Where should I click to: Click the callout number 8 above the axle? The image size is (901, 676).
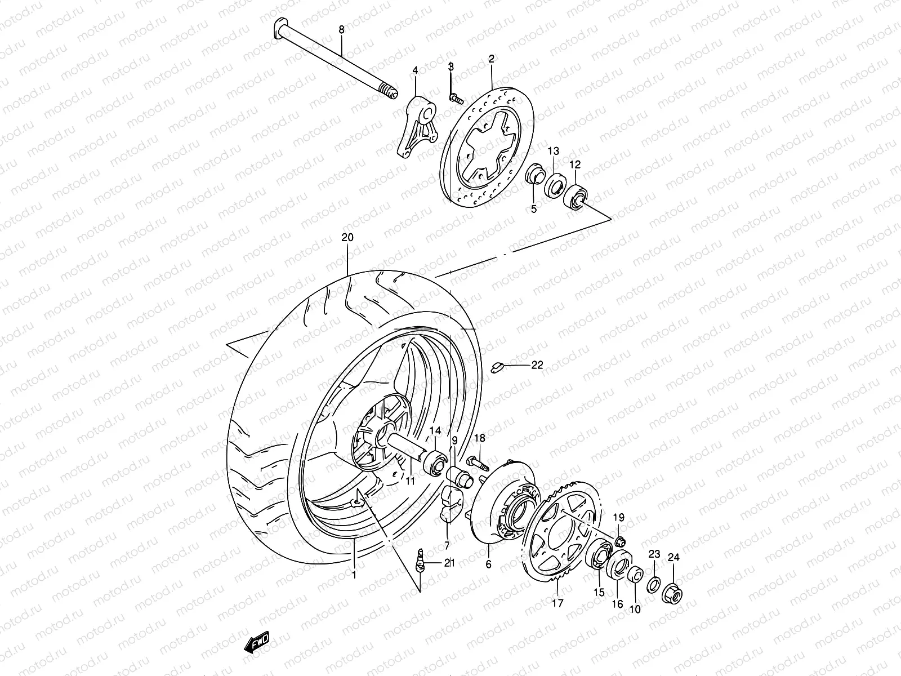(341, 29)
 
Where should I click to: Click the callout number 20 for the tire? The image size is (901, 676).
(347, 238)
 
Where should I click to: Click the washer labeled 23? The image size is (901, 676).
(653, 584)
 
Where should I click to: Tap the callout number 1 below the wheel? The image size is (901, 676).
(354, 575)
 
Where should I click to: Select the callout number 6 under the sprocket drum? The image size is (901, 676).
(488, 564)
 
